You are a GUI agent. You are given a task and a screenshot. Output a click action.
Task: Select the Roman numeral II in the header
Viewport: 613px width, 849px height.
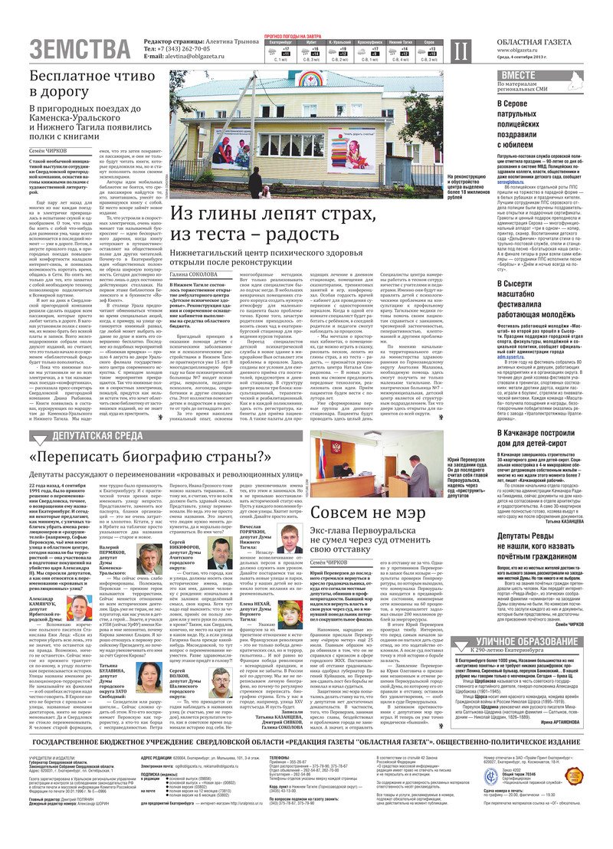458,51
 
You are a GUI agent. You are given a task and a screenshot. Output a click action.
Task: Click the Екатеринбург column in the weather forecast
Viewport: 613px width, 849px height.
280,49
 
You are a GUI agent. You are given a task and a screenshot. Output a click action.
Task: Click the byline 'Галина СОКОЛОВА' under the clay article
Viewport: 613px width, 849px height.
194,274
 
